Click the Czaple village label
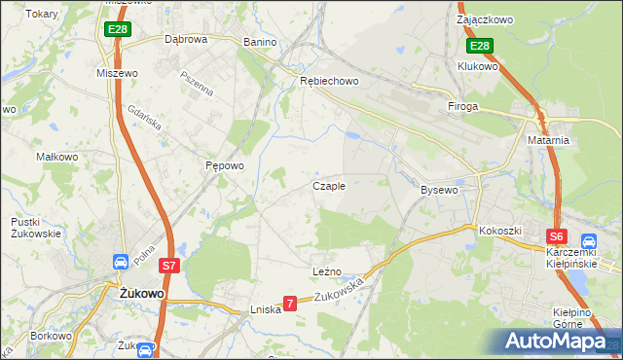coord(328,186)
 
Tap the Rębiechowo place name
coord(329,82)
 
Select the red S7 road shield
coord(168,265)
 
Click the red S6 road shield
coord(556,236)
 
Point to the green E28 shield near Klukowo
coord(479,46)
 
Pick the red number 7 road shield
coord(289,305)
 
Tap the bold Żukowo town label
coord(141,293)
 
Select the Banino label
coord(260,42)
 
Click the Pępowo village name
coord(224,165)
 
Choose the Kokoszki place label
coord(500,231)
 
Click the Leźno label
coord(326,271)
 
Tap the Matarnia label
coord(549,140)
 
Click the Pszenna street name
coord(197,83)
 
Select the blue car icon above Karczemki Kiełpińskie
coord(588,241)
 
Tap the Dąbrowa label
coord(186,40)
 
